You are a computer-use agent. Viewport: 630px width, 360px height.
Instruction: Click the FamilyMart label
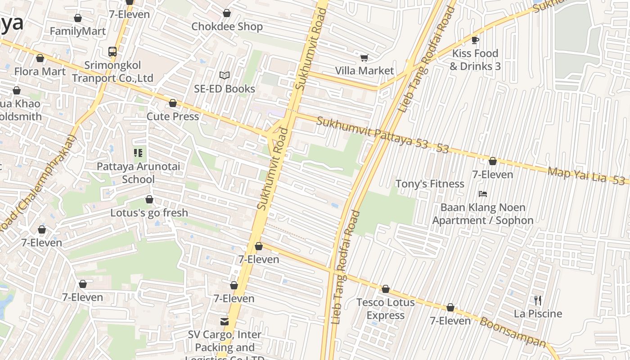tap(77, 31)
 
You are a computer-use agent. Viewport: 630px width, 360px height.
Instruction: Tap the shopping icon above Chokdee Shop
tap(227, 13)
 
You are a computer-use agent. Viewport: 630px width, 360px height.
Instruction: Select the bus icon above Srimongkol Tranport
tap(112, 52)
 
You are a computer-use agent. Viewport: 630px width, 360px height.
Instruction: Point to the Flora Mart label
tap(40, 71)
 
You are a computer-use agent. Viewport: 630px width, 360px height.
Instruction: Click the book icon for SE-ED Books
tap(224, 76)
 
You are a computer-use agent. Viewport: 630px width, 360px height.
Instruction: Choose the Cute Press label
tap(173, 117)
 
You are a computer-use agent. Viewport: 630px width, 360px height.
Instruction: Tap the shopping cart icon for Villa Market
tap(364, 58)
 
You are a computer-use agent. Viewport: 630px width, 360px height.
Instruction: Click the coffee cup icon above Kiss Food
tap(475, 40)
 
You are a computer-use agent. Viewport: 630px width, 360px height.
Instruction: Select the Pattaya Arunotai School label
tap(138, 173)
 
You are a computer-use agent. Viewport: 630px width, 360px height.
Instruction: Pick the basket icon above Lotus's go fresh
tap(149, 199)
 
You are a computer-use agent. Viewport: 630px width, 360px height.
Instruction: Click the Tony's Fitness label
tap(429, 184)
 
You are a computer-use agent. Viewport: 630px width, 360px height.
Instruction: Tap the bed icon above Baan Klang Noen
tap(483, 194)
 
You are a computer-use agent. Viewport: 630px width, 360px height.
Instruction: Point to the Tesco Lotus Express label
tap(385, 309)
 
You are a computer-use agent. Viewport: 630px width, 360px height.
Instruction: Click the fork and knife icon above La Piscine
tap(538, 300)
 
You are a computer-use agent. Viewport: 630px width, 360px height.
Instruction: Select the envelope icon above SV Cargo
tap(224, 322)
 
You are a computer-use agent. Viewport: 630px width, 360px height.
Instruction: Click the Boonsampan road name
tap(513, 332)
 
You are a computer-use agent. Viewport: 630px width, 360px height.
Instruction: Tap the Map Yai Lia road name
tap(576, 175)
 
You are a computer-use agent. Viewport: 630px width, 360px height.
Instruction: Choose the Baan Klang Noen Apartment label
tap(482, 214)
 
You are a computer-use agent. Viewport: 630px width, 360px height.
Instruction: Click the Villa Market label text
tap(364, 71)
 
